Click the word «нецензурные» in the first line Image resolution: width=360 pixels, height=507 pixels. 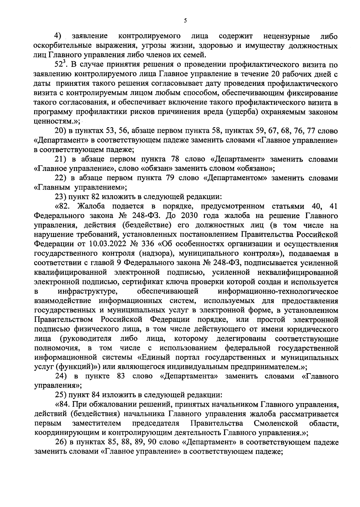click(x=286, y=37)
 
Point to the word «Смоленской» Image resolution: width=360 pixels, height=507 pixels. click(x=275, y=424)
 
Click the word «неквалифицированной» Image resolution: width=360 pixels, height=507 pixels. click(x=298, y=273)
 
